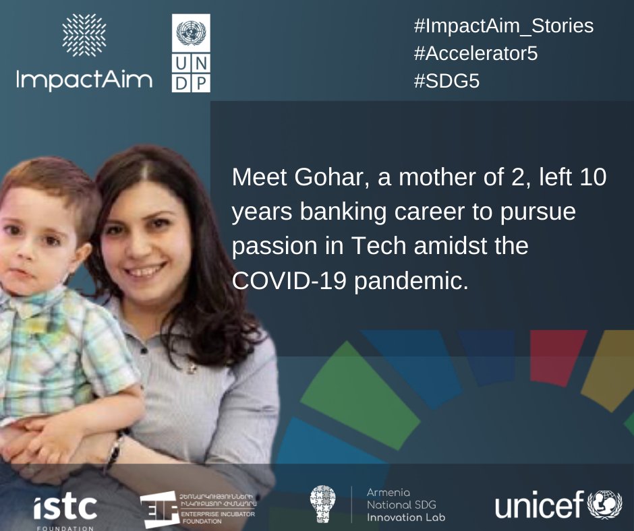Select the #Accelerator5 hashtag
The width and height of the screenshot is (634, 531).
coord(475,54)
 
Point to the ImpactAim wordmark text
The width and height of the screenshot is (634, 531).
coord(84,80)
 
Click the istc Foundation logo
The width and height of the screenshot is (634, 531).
coord(65,509)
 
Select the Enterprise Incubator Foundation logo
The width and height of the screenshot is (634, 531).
coord(199,509)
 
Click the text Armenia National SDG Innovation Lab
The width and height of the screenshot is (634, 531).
coord(405,505)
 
